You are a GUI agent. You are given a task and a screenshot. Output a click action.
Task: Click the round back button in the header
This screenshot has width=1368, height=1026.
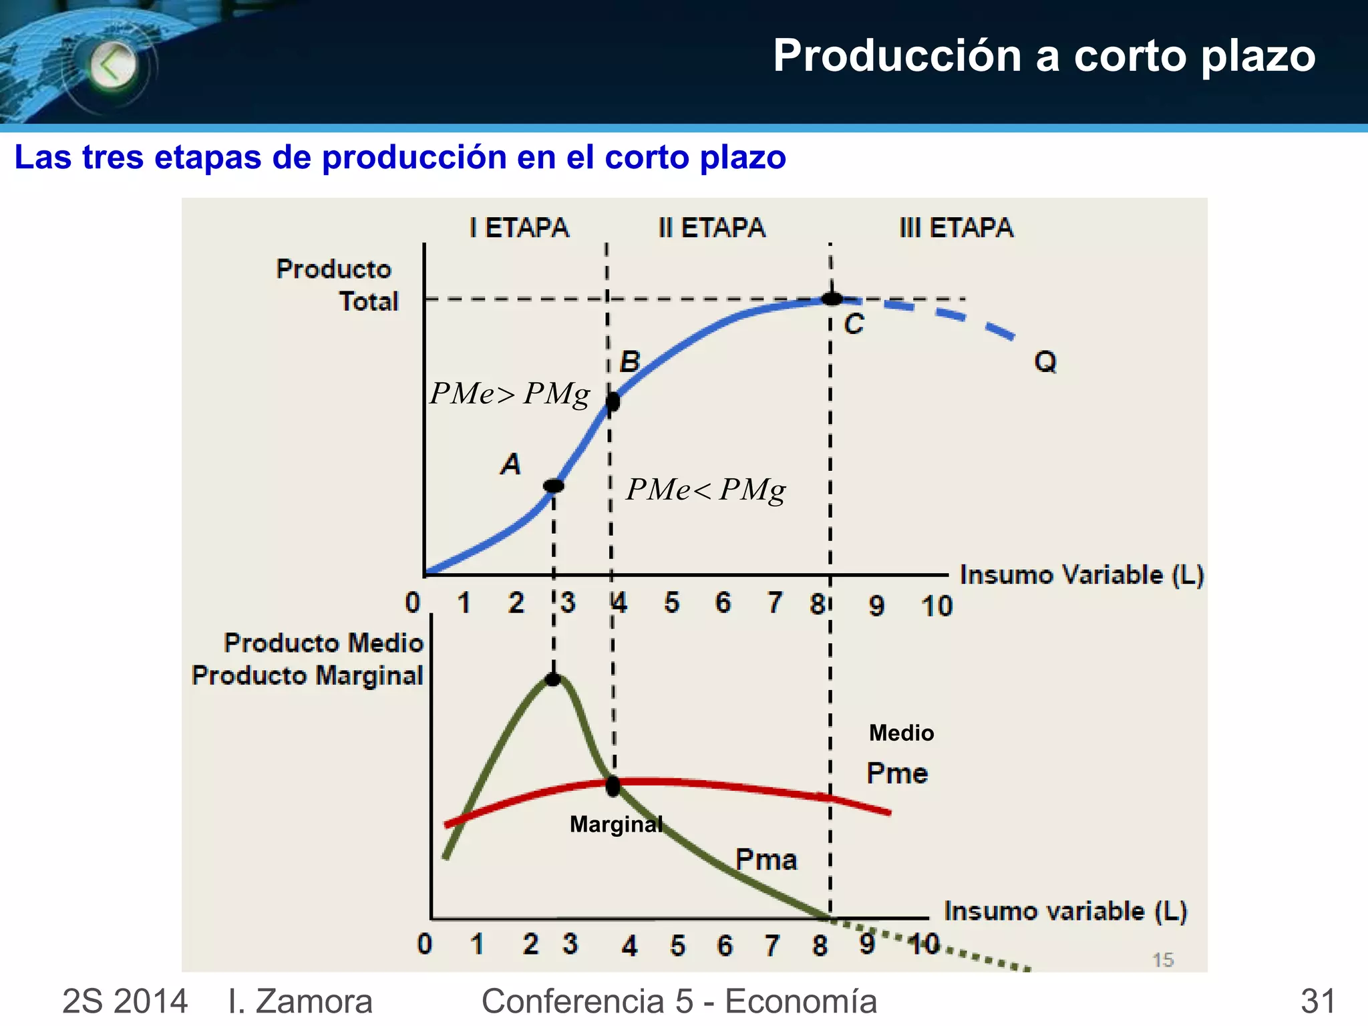112,65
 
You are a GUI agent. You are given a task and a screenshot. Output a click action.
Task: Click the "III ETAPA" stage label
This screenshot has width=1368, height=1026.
956,228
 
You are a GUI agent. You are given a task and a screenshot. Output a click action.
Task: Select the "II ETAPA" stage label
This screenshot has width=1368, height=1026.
711,228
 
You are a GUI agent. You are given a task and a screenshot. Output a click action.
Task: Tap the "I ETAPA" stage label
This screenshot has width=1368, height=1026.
519,228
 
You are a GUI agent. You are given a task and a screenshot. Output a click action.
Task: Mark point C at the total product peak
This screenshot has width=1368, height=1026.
832,299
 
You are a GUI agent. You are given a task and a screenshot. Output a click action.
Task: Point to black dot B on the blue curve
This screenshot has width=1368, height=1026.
613,401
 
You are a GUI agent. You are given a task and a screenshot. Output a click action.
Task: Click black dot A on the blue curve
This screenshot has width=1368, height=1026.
554,486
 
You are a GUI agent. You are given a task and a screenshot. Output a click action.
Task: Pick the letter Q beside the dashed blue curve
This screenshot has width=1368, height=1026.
1045,361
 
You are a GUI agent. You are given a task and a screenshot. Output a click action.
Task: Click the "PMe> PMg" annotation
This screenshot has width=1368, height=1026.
510,393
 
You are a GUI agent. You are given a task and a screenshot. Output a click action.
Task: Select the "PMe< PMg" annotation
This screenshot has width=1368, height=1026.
705,490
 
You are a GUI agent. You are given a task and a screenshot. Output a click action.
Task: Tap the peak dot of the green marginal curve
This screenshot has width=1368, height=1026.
553,679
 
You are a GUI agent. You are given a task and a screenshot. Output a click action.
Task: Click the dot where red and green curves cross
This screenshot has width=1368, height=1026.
613,786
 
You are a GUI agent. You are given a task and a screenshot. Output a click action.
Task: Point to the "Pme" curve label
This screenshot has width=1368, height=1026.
897,774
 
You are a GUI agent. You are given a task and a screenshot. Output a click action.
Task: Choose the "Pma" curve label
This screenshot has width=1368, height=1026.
766,860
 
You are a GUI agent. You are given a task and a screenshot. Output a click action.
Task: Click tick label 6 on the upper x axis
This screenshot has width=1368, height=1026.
723,603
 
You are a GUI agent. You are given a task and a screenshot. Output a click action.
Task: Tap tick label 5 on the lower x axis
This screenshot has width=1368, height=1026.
678,945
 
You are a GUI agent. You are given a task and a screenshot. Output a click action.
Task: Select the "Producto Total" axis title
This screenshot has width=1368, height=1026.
337,285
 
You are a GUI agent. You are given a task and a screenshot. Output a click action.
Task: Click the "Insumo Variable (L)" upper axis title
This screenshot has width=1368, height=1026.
1081,575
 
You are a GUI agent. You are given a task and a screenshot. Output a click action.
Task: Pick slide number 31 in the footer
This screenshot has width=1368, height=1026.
1318,1001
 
